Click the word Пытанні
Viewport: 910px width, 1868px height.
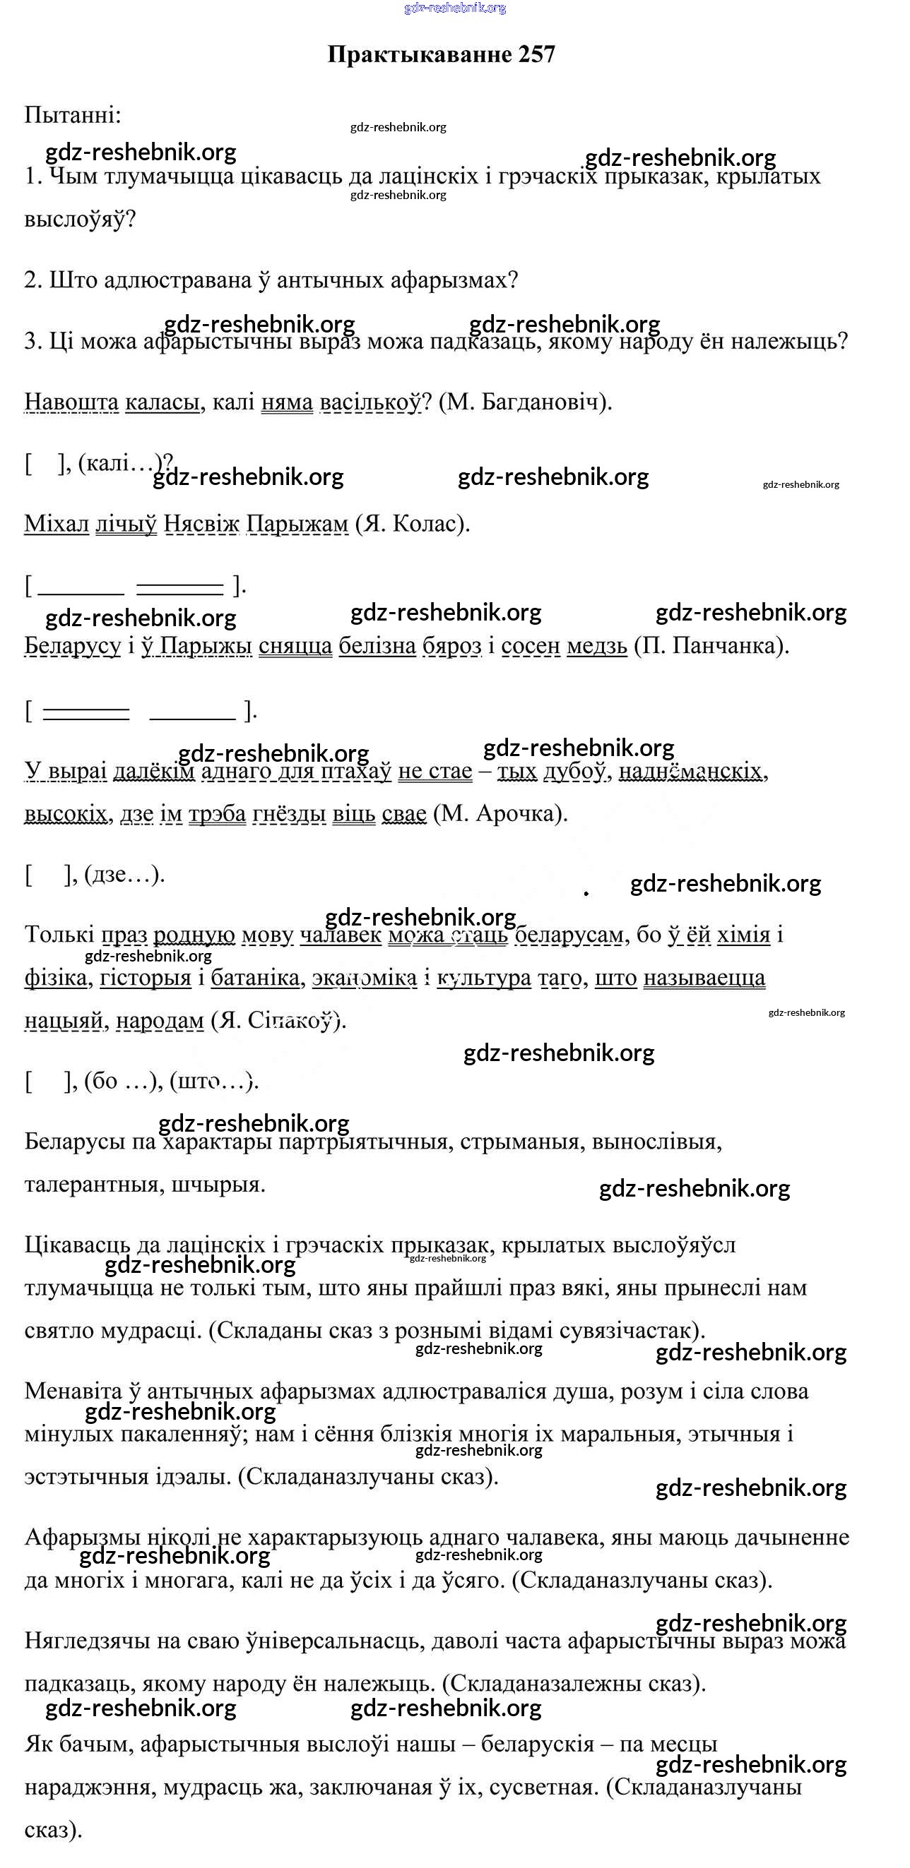pos(73,114)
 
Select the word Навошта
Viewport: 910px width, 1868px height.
pos(71,401)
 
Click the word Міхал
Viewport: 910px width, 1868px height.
pos(57,523)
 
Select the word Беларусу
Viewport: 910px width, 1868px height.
pos(73,645)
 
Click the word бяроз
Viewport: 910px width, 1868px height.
pos(451,645)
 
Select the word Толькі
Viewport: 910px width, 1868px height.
pos(59,934)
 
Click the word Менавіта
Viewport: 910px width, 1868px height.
pos(73,1391)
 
